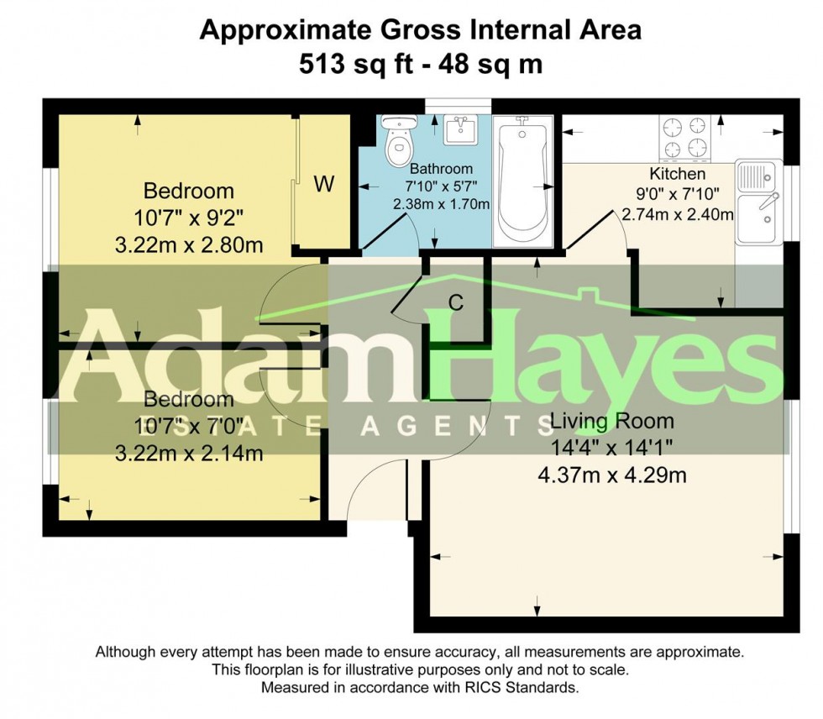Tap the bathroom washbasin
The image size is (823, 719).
[x=459, y=130]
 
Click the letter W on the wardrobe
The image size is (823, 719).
[x=323, y=186]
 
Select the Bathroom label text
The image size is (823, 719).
[x=441, y=169]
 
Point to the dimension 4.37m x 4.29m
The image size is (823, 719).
[x=612, y=475]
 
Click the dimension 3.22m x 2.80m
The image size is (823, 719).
[x=190, y=246]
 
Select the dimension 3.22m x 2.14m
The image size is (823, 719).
[x=189, y=454]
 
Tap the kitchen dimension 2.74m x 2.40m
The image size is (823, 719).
[x=678, y=214]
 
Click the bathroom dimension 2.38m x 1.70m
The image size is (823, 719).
[x=441, y=204]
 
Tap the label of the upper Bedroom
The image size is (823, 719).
[x=189, y=191]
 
